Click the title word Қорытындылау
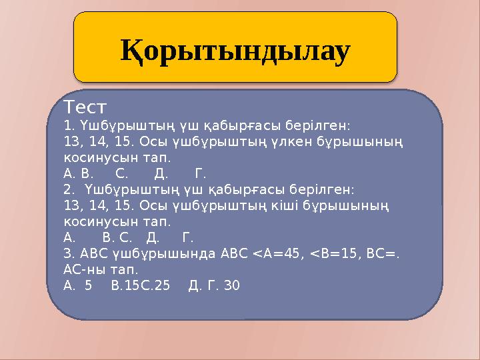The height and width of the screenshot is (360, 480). (x=235, y=51)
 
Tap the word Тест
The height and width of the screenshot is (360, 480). (x=86, y=107)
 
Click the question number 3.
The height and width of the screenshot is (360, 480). (x=68, y=253)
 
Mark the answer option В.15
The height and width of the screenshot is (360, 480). (x=123, y=286)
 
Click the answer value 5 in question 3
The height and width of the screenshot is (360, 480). (x=88, y=286)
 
